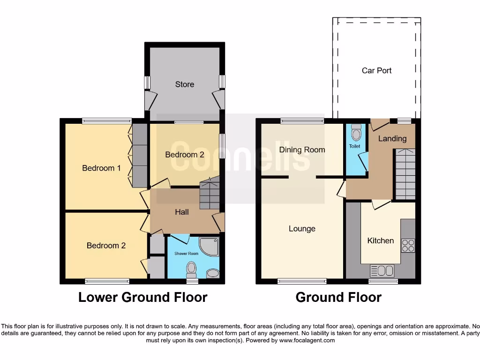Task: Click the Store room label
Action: [184, 84]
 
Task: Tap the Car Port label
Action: [376, 70]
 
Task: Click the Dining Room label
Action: [302, 150]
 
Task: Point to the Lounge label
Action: [302, 229]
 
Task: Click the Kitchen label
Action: [380, 240]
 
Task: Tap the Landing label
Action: [392, 138]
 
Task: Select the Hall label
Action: [182, 212]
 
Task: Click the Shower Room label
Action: [187, 254]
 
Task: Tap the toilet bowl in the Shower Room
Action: [191, 270]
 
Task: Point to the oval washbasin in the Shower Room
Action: [212, 273]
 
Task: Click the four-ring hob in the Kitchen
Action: [408, 246]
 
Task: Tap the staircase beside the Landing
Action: [405, 174]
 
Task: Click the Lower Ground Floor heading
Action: [142, 297]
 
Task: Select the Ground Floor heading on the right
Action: [338, 297]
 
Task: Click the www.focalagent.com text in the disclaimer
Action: [307, 341]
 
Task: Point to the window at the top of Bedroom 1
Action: [107, 120]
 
